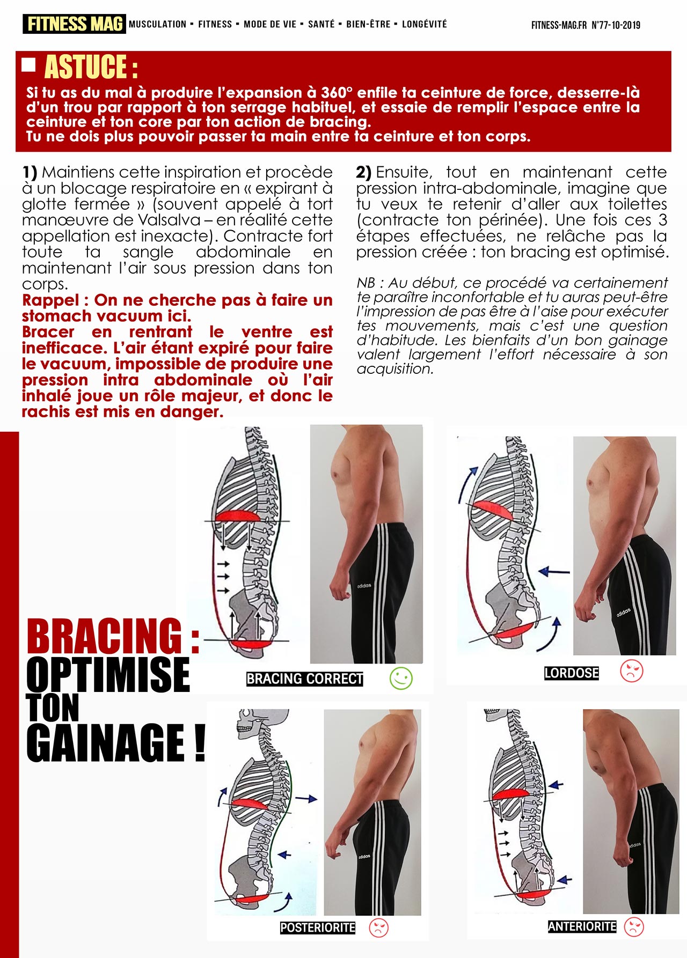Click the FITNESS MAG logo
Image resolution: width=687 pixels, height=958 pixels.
click(74, 24)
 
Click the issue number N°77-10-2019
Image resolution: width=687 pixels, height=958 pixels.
click(616, 25)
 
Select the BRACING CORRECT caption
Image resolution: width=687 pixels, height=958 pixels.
click(305, 679)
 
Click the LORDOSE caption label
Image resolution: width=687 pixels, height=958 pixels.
click(572, 673)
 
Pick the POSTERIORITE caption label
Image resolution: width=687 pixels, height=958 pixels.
click(318, 927)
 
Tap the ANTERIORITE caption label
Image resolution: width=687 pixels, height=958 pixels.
click(582, 926)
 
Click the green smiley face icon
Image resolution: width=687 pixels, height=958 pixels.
click(401, 679)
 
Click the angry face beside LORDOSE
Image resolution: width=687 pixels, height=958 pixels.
click(632, 670)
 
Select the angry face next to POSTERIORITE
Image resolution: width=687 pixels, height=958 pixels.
click(379, 927)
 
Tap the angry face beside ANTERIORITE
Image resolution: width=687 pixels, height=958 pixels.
click(634, 926)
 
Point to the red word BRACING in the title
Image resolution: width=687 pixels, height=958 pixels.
click(105, 636)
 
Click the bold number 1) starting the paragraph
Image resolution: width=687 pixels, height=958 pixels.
click(30, 172)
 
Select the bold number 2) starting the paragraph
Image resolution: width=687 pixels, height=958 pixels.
click(363, 172)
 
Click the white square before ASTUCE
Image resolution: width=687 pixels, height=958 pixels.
click(28, 65)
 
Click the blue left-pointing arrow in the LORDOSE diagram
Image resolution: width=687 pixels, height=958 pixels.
click(554, 572)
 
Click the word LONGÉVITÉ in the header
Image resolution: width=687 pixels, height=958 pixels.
click(424, 24)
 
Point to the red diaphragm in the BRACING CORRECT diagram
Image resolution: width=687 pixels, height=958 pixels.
click(238, 516)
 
